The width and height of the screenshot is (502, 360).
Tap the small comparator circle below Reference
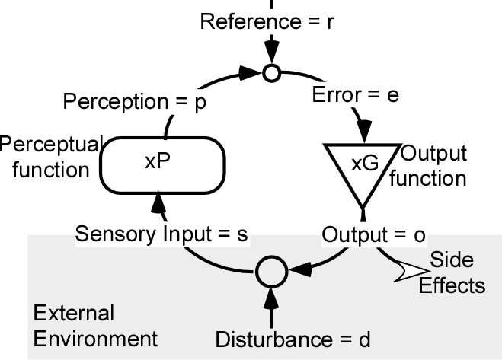click(x=270, y=73)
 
